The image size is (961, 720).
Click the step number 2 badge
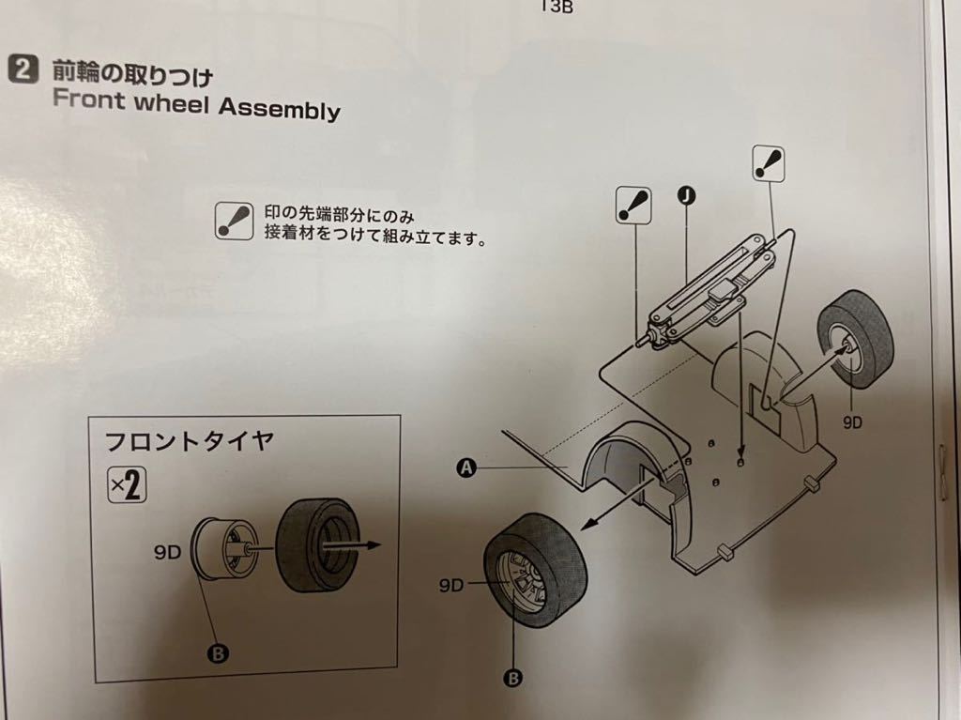[x=23, y=69]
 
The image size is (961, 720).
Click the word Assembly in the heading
[x=280, y=109]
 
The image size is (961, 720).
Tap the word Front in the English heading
[x=89, y=99]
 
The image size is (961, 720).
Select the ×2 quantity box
[x=127, y=484]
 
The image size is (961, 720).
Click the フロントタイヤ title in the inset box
[x=189, y=440]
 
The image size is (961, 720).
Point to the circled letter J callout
[x=687, y=195]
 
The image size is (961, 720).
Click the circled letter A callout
[x=467, y=468]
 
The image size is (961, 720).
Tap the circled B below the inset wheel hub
[x=218, y=653]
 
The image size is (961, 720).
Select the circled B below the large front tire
[x=513, y=678]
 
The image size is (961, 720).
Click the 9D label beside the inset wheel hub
[x=167, y=553]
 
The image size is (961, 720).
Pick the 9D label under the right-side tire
[x=852, y=421]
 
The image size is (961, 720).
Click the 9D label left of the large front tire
[x=451, y=586]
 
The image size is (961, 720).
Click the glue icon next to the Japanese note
[x=234, y=221]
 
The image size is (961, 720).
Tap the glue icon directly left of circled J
[x=633, y=206]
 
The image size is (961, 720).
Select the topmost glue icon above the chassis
[x=769, y=163]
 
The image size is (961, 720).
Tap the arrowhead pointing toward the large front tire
[x=588, y=524]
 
